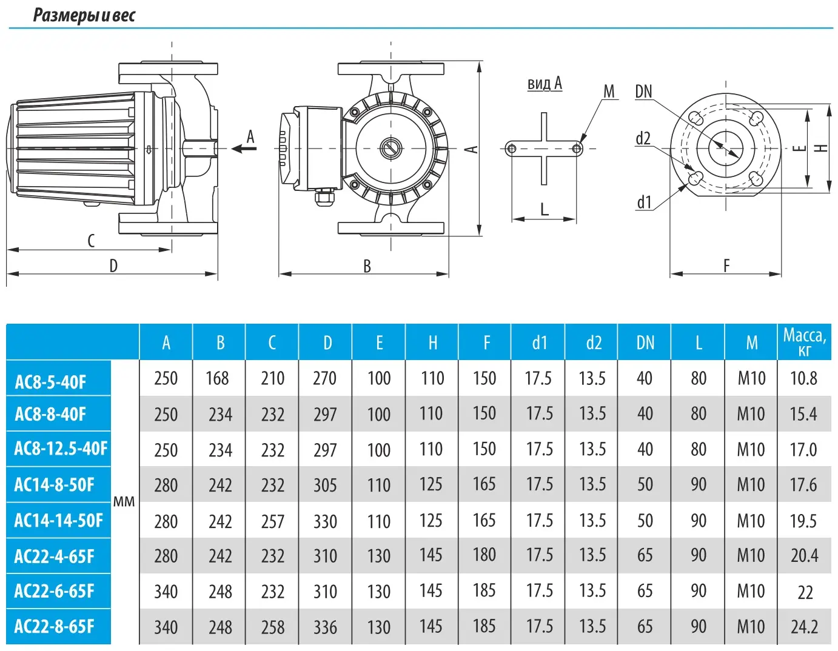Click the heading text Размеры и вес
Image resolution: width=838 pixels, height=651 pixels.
tap(84, 15)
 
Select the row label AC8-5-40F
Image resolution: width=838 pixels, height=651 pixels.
tap(50, 382)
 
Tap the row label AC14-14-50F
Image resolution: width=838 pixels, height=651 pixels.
tap(58, 520)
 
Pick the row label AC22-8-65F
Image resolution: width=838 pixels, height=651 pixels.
tap(54, 626)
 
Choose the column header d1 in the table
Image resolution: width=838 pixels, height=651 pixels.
tap(539, 343)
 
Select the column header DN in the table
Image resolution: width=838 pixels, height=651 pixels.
tap(645, 343)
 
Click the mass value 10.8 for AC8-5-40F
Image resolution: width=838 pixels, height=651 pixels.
tap(803, 378)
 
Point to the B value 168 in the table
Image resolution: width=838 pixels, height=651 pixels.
tap(218, 378)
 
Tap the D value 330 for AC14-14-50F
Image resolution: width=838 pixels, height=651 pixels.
tap(325, 521)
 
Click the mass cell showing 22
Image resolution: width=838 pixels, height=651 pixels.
tap(805, 592)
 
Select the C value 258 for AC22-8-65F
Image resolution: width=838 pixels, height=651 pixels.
tap(272, 627)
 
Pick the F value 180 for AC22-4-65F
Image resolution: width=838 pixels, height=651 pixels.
tap(484, 555)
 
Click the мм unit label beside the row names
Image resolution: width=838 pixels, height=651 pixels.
tap(124, 502)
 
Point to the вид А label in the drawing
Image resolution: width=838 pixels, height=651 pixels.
tap(544, 84)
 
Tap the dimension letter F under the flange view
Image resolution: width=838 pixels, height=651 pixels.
tap(726, 265)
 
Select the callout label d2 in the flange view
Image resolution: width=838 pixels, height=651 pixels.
tap(643, 138)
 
